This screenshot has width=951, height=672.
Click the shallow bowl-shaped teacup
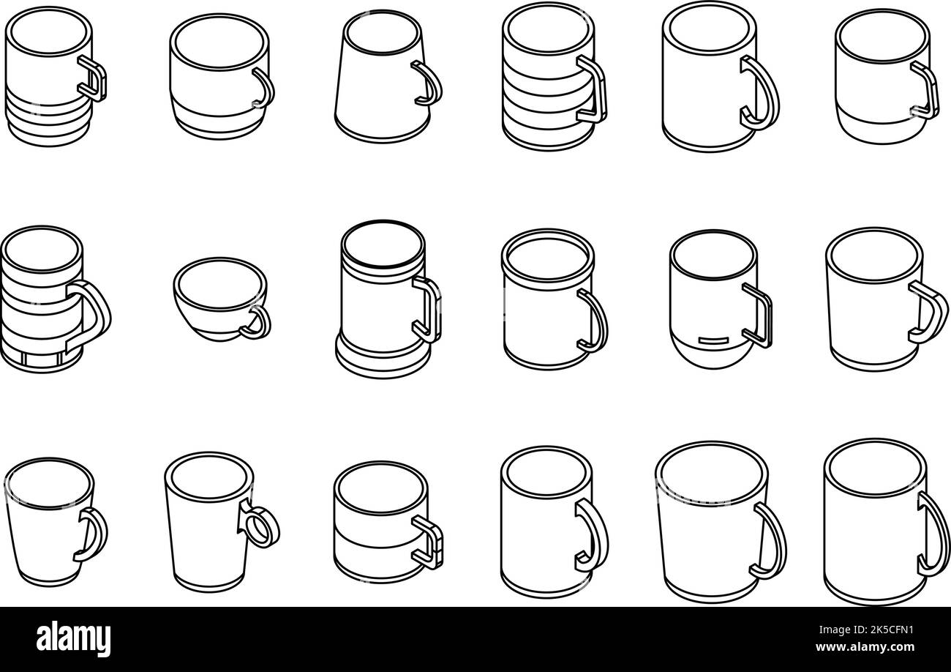click(x=219, y=300)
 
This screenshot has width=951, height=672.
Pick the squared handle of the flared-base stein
click(x=429, y=308)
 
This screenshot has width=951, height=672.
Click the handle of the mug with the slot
click(x=759, y=315)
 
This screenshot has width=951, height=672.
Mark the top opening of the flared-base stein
click(x=382, y=244)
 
